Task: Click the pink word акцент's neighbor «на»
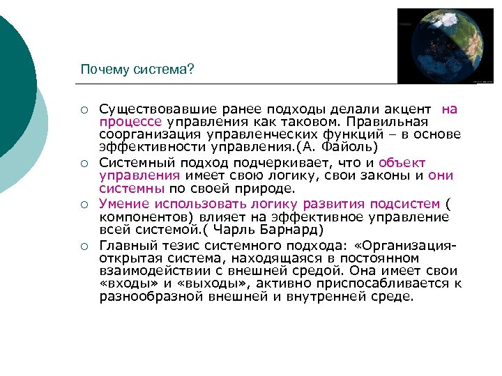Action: (450, 109)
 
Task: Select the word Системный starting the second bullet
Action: (131, 163)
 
